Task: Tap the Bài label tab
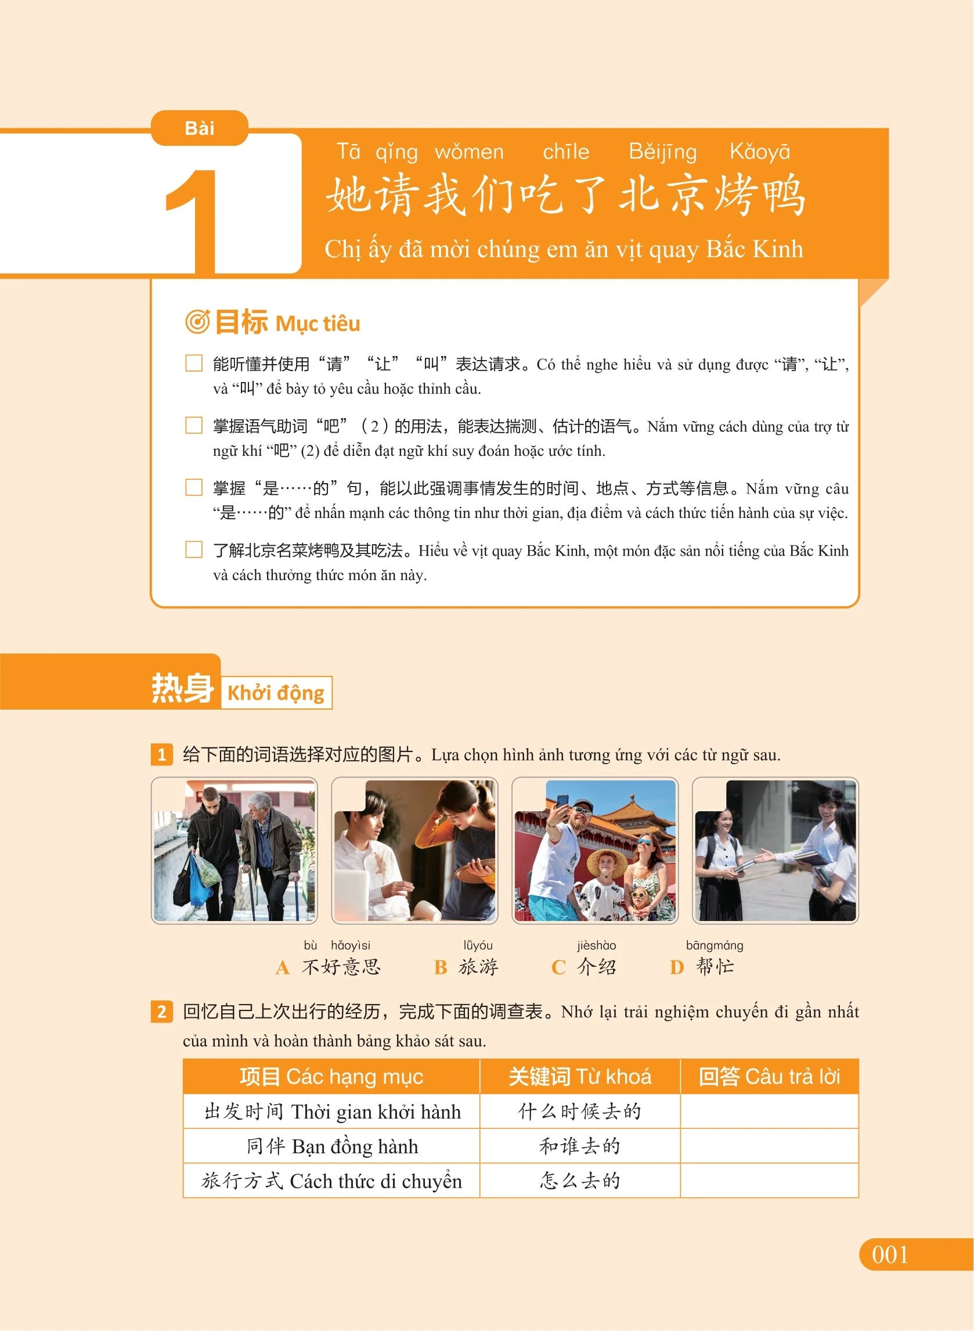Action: point(199,128)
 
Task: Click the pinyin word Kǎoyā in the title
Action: point(759,152)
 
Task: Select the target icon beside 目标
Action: point(197,322)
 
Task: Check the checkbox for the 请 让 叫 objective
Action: point(194,364)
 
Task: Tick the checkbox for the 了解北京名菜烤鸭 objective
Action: point(194,549)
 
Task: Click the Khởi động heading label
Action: point(276,692)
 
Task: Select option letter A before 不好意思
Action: point(283,967)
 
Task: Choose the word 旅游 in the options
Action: point(478,967)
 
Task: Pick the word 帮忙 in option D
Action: point(715,966)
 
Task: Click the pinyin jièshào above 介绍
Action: point(596,945)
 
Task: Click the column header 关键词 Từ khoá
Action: point(580,1077)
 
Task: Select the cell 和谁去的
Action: point(580,1146)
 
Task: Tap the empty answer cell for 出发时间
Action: point(770,1111)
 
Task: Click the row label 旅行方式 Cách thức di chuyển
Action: point(331,1181)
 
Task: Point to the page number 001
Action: point(890,1255)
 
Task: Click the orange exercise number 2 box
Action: point(161,1013)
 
